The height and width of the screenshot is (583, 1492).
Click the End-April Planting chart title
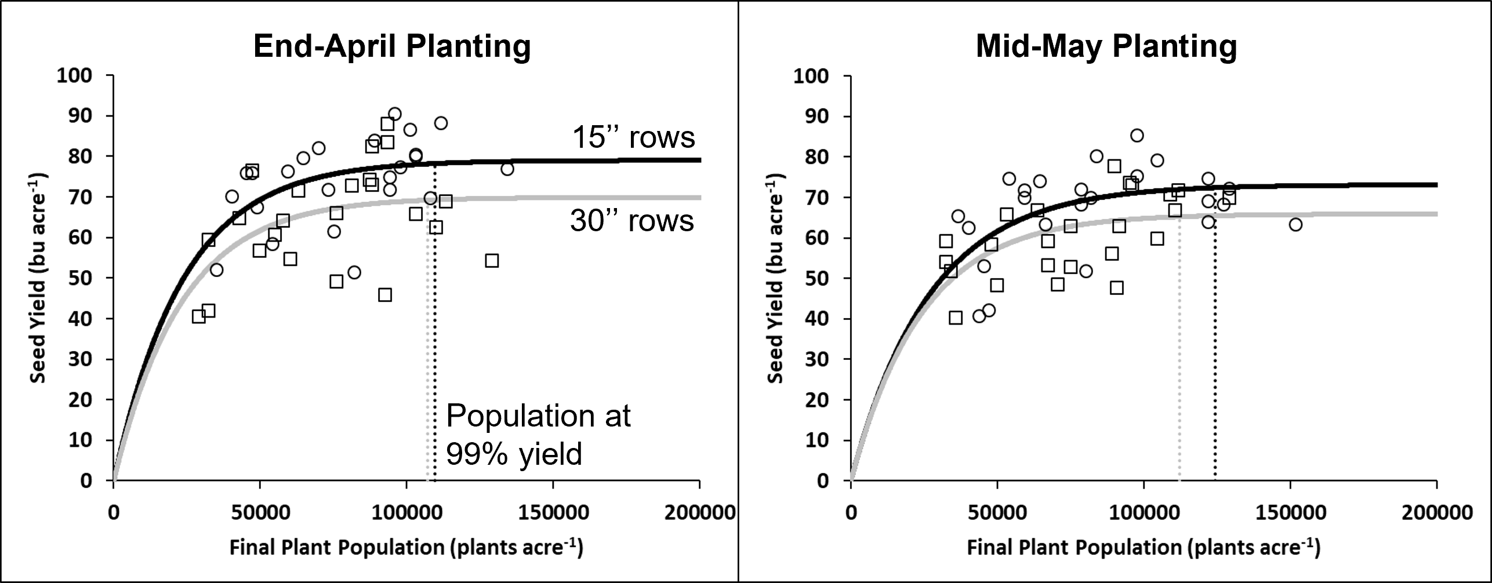pos(392,46)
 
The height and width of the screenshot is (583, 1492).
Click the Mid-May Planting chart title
pos(1106,46)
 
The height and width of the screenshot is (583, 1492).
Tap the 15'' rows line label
pos(633,138)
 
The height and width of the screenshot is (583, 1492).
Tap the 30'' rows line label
pos(632,221)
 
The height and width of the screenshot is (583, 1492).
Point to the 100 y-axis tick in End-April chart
pos(74,75)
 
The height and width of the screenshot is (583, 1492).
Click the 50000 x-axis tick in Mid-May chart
pos(997,512)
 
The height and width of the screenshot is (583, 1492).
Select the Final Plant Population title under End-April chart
pos(406,548)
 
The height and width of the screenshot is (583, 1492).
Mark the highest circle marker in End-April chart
pos(394,114)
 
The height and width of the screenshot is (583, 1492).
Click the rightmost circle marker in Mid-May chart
pos(1295,224)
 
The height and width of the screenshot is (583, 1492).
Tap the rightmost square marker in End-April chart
pos(492,261)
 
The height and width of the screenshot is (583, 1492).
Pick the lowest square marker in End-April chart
pos(199,316)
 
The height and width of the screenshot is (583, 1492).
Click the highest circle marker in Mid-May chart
pos(1137,136)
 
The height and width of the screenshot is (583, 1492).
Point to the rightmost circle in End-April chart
pos(507,169)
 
